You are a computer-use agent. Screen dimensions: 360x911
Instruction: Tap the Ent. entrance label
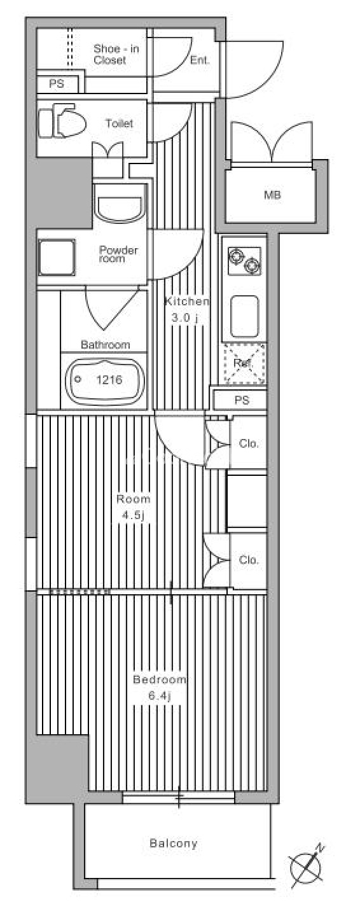(x=200, y=60)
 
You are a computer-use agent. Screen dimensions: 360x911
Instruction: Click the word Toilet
(x=119, y=123)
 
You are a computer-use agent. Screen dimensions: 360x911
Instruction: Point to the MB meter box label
(x=272, y=195)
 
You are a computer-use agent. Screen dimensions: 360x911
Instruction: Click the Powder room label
(x=118, y=254)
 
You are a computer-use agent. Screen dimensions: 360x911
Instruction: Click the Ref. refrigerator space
(x=244, y=364)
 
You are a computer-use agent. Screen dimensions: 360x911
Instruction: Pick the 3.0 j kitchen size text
(x=184, y=318)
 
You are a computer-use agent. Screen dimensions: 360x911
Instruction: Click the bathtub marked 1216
(x=106, y=380)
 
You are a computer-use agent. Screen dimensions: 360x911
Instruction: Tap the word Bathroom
(x=106, y=345)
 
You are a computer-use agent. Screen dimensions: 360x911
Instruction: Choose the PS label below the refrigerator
(x=242, y=401)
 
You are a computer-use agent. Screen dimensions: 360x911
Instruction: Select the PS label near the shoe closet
(x=57, y=84)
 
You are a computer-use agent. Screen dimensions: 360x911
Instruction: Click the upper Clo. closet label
(x=249, y=443)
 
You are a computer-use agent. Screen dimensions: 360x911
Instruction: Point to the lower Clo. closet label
(x=249, y=560)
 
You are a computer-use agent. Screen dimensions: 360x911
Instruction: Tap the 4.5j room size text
(x=133, y=516)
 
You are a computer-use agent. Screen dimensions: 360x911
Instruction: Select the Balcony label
(x=173, y=844)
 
